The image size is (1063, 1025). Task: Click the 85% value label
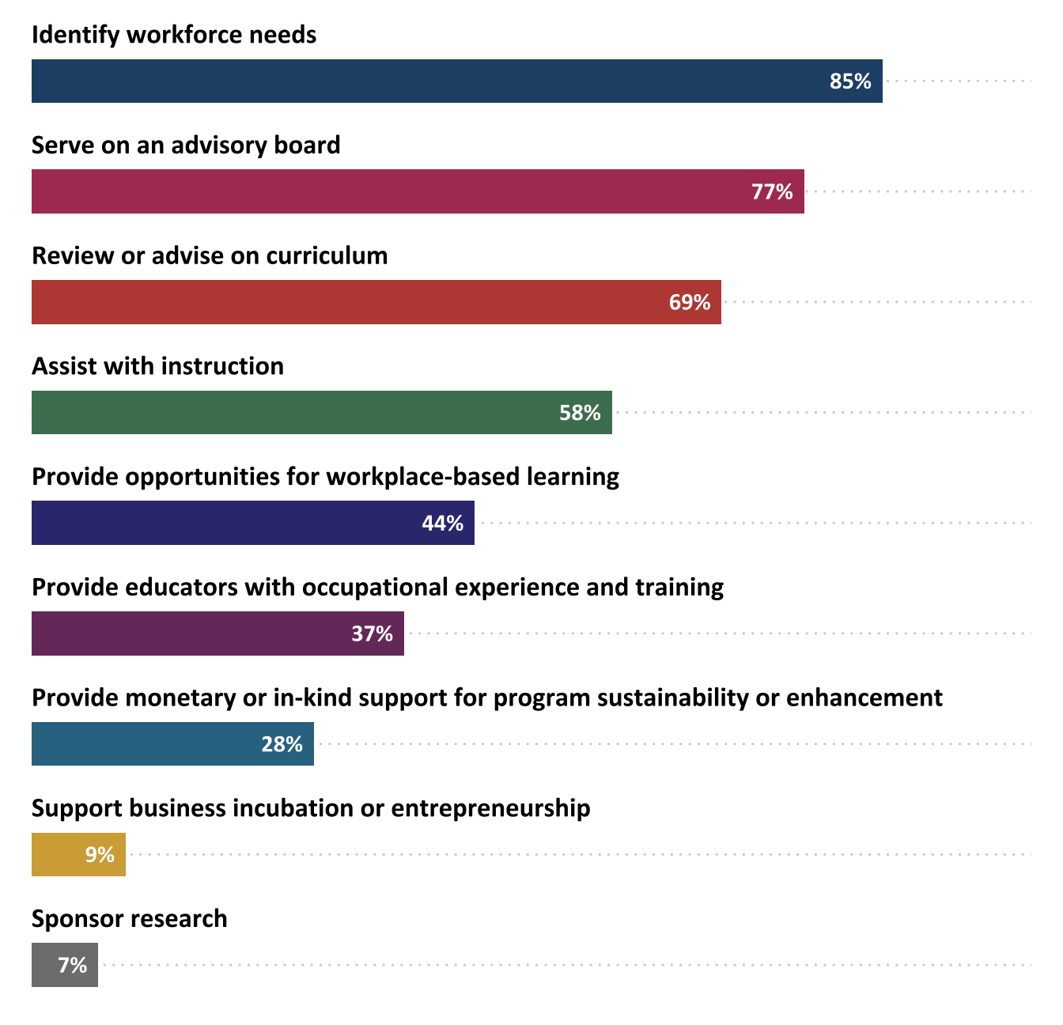pos(850,81)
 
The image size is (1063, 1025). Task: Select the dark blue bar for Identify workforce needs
pos(427,81)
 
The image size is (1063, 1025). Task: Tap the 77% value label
pos(772,192)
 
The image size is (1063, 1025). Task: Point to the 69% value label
pos(690,302)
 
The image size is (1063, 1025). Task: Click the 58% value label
pos(580,413)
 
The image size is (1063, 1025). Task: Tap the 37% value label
pos(372,634)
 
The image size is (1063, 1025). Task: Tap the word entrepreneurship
pos(490,808)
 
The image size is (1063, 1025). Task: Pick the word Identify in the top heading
pos(75,36)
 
